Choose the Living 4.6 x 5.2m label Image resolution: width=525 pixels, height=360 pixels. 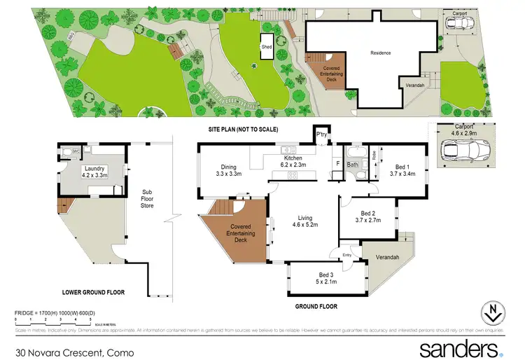pyautogui.click(x=304, y=221)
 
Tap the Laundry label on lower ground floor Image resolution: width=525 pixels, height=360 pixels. pyautogui.click(x=94, y=172)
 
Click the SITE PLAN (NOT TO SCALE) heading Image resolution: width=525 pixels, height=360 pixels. pyautogui.click(x=243, y=130)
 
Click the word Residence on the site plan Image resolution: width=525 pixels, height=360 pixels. pyautogui.click(x=381, y=53)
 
